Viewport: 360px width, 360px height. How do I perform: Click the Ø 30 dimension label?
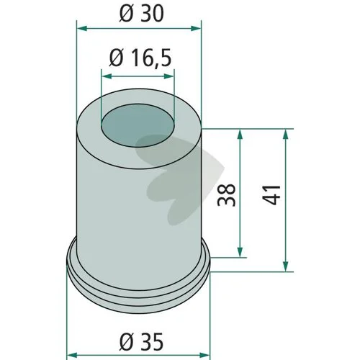point(141,13)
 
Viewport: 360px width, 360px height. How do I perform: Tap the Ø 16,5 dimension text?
point(140,58)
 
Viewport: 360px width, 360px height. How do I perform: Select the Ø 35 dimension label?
point(141,342)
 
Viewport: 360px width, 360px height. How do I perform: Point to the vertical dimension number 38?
point(226,194)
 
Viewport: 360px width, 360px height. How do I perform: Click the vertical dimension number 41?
point(271,194)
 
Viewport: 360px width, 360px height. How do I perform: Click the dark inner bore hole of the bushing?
point(138,125)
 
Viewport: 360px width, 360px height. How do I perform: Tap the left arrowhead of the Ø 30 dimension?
point(81,29)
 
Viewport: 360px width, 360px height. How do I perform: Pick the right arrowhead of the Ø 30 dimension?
point(196,29)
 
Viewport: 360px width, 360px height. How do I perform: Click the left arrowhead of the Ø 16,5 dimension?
point(107,76)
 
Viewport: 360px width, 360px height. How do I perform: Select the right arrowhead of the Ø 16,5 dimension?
point(168,76)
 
